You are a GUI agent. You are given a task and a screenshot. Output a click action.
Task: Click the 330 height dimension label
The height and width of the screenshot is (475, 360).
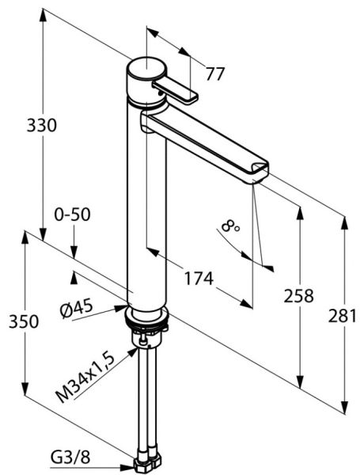click(x=41, y=125)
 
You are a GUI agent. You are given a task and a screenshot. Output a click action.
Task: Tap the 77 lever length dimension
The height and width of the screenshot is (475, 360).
click(x=215, y=74)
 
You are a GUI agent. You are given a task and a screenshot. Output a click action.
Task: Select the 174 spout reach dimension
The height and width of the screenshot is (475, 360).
click(x=199, y=279)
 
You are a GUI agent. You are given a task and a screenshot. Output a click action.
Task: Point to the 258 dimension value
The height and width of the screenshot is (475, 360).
click(x=298, y=296)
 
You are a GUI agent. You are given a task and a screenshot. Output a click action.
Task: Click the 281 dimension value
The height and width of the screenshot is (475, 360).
click(x=343, y=316)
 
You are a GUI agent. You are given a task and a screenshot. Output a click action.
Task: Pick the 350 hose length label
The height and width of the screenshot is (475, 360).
click(x=24, y=321)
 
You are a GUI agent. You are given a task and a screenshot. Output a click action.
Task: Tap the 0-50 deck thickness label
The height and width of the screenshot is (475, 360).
click(x=72, y=215)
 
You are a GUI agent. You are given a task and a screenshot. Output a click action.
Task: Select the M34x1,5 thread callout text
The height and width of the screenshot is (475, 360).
click(x=85, y=378)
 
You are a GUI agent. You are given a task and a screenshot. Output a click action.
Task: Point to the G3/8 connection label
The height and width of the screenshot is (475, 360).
click(x=70, y=458)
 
